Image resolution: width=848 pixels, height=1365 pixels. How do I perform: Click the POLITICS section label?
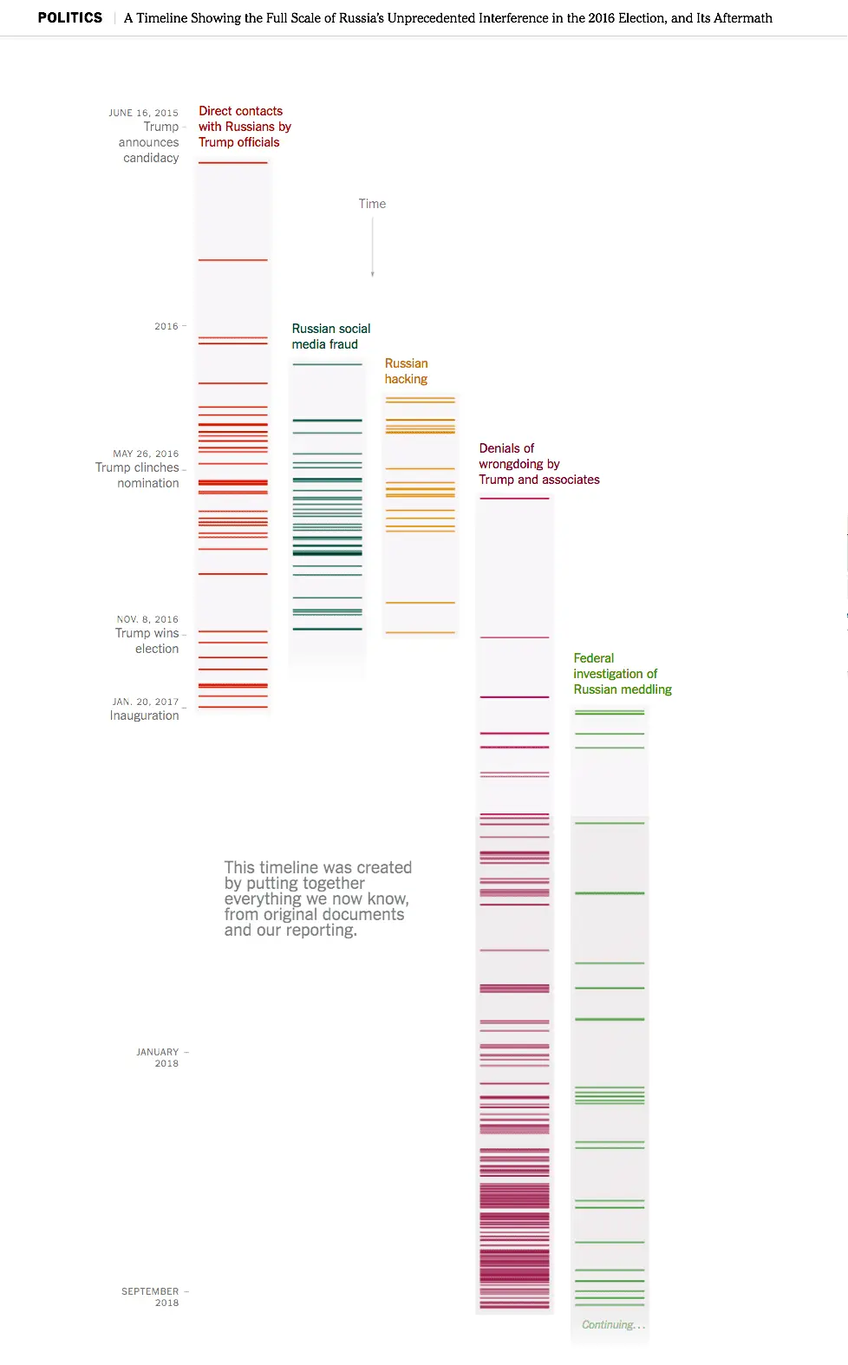(69, 17)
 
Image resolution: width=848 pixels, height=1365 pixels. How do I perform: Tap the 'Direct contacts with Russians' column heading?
(244, 127)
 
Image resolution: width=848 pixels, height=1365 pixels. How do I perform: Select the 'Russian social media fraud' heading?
(330, 336)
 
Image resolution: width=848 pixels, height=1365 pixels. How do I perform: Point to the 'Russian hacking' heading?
(406, 371)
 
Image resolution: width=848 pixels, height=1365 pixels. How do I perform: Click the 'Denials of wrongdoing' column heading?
(538, 464)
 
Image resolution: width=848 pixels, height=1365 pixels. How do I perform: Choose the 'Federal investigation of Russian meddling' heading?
(622, 674)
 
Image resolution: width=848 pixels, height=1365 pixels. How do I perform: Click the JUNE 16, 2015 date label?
(143, 113)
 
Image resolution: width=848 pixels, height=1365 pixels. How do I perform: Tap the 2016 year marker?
(166, 326)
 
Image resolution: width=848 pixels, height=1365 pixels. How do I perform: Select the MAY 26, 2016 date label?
(146, 454)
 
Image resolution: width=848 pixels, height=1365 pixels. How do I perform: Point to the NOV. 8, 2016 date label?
(147, 619)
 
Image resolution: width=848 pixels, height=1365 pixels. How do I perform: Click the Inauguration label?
(144, 715)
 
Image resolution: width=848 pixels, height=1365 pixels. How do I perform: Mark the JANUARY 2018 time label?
(157, 1057)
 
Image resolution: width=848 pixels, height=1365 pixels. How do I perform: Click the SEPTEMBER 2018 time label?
(150, 1296)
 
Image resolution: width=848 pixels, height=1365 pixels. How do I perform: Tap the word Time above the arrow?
(372, 204)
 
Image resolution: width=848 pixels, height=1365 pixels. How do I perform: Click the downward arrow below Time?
(373, 248)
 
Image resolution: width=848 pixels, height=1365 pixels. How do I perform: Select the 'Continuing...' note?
(613, 1324)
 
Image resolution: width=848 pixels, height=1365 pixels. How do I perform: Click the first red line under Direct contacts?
(232, 163)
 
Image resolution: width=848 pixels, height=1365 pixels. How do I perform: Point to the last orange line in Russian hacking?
(420, 632)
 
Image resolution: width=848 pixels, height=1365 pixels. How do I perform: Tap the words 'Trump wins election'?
(147, 641)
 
